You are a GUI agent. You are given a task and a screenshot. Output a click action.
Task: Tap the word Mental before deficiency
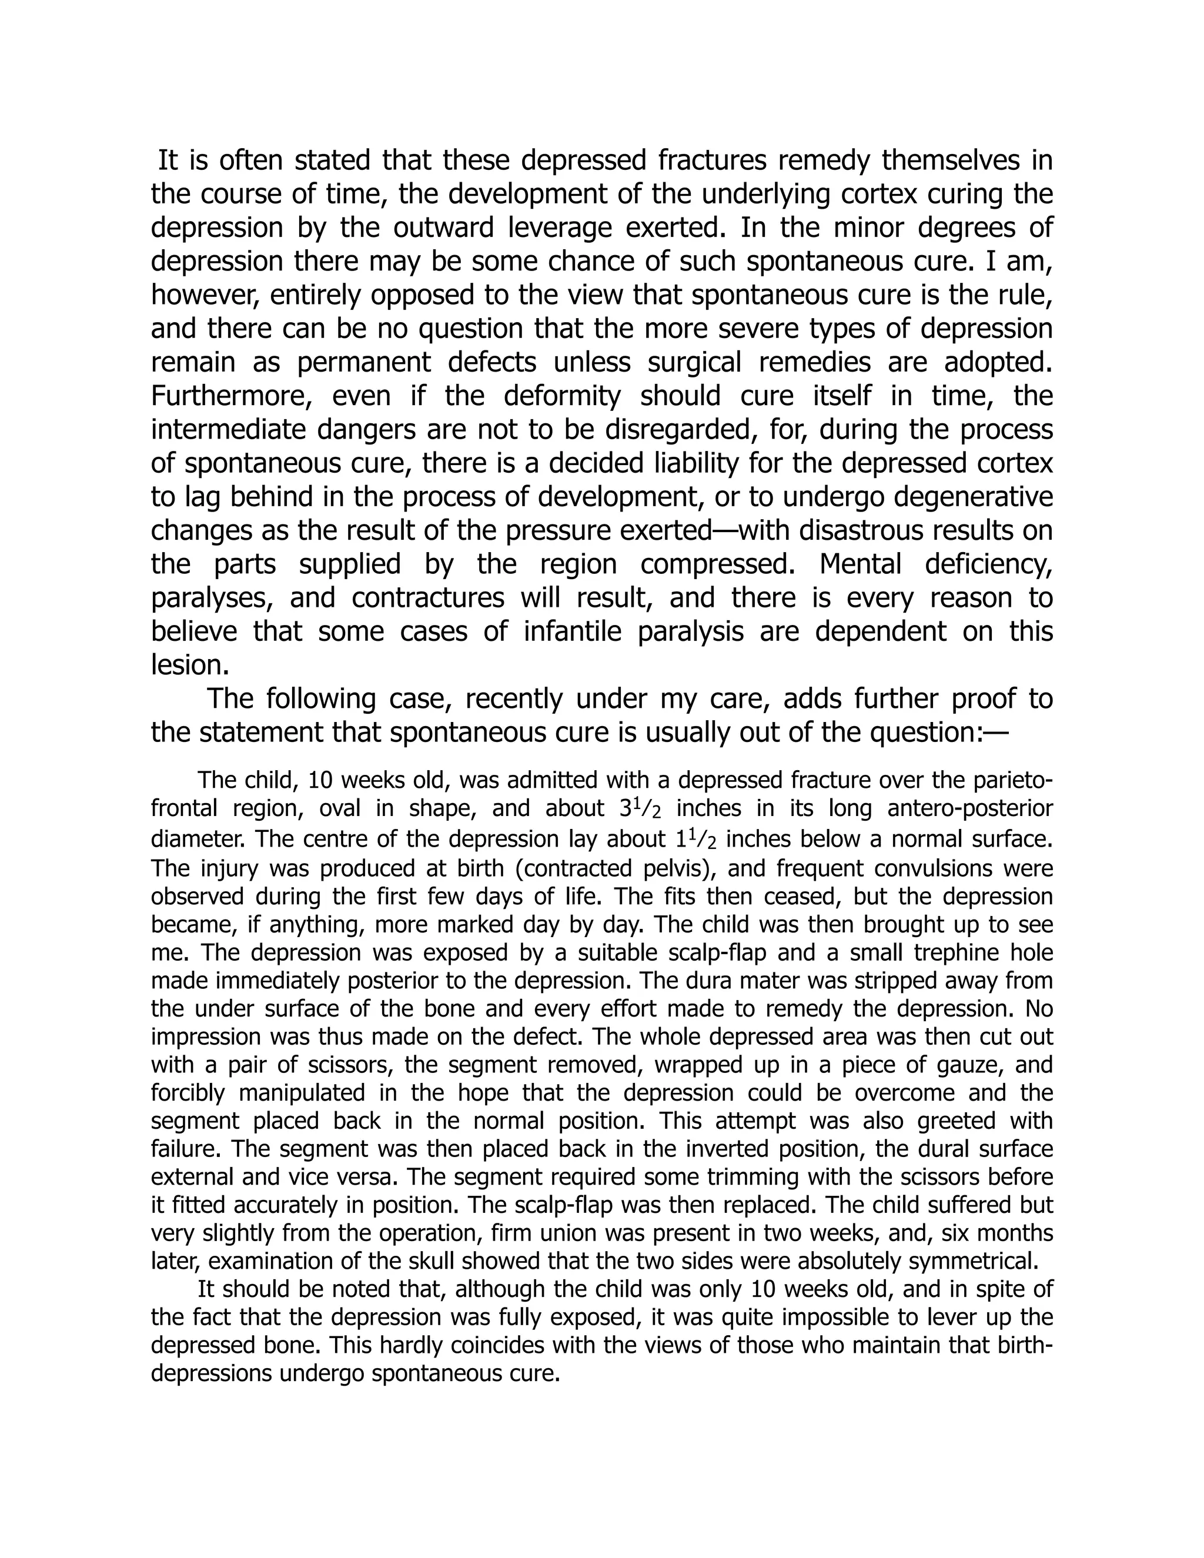[860, 564]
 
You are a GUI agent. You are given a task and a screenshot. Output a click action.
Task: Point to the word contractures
[428, 598]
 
